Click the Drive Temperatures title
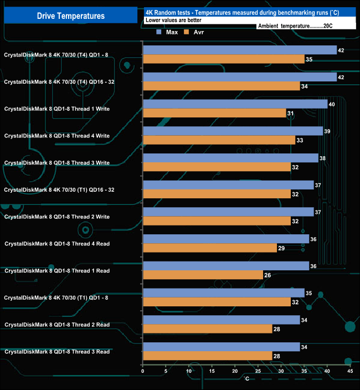(x=70, y=16)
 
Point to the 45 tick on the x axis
(x=349, y=371)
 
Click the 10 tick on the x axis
(x=189, y=371)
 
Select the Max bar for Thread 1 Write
(x=235, y=104)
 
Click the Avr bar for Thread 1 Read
(x=203, y=275)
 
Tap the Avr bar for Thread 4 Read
(x=209, y=248)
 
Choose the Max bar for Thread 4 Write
(x=233, y=131)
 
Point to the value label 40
(x=332, y=104)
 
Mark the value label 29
(x=281, y=248)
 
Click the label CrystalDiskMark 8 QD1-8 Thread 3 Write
(x=57, y=162)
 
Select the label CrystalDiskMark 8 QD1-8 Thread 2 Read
(x=57, y=324)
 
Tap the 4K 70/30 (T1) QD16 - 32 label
(x=59, y=189)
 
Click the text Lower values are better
(x=173, y=20)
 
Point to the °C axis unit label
(x=247, y=379)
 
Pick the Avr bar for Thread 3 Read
(x=207, y=356)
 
